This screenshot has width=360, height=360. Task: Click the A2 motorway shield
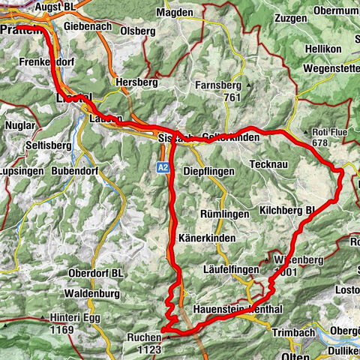point(163,169)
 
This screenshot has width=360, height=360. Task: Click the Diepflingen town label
point(208,170)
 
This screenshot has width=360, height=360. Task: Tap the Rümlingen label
point(224,214)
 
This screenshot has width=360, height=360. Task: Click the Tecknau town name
point(271,165)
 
